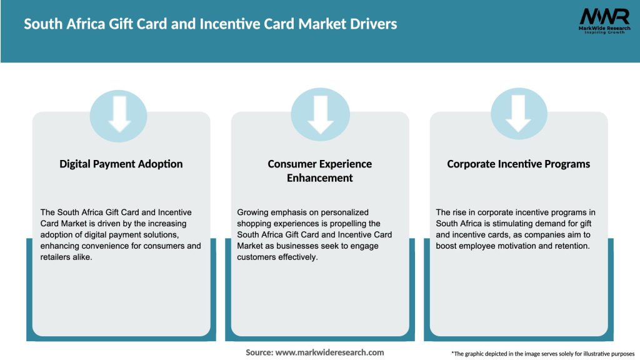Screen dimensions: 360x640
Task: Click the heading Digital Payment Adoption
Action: pos(121,164)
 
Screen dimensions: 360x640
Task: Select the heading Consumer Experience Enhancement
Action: pos(320,171)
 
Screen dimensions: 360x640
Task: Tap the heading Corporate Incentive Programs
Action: pos(519,164)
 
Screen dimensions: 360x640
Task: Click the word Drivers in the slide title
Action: pos(372,24)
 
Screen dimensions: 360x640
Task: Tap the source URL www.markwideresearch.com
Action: pos(329,352)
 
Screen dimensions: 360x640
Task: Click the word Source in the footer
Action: pos(259,352)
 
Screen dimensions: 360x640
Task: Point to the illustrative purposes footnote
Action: pos(542,354)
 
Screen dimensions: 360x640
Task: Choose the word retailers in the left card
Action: pos(57,257)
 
